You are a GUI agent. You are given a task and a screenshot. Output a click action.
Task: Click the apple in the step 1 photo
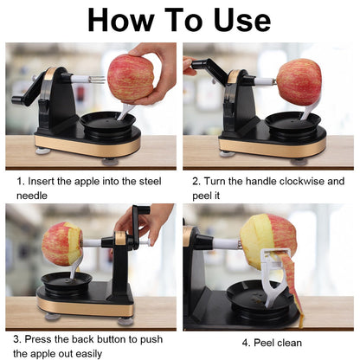tap(130, 79)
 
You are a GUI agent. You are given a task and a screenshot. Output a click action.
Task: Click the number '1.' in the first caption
tap(22, 183)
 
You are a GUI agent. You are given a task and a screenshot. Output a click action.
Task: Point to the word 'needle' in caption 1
tap(35, 196)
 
